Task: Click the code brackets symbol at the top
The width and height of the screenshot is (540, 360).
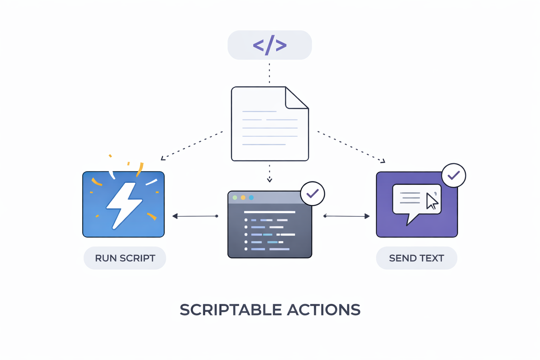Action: pos(270,45)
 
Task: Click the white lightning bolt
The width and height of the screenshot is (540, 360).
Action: pos(124,205)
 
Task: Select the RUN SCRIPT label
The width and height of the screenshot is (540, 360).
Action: pos(125,258)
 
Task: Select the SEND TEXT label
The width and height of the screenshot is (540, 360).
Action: pos(417,258)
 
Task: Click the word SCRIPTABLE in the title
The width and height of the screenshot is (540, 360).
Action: pos(231,310)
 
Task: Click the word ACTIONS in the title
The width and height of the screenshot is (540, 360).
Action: pos(323,310)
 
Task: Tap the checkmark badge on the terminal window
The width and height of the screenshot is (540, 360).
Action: pos(312,193)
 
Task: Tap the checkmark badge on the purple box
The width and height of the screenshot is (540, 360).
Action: pos(454,175)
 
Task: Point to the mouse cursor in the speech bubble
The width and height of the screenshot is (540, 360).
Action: pos(431,201)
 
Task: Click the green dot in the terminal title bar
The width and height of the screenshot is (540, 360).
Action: pos(235,198)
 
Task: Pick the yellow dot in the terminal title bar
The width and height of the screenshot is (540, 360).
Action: pos(243,198)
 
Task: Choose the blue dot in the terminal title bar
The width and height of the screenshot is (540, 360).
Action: pos(251,198)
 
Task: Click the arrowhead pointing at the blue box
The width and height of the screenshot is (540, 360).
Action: pos(175,216)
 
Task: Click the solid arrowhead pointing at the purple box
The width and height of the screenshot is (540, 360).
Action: pos(367,216)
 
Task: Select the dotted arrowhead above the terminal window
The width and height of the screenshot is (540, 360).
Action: pos(269,180)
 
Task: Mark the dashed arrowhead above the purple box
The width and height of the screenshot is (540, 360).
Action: pos(383,161)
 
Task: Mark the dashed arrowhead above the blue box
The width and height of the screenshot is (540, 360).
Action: pos(163,159)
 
